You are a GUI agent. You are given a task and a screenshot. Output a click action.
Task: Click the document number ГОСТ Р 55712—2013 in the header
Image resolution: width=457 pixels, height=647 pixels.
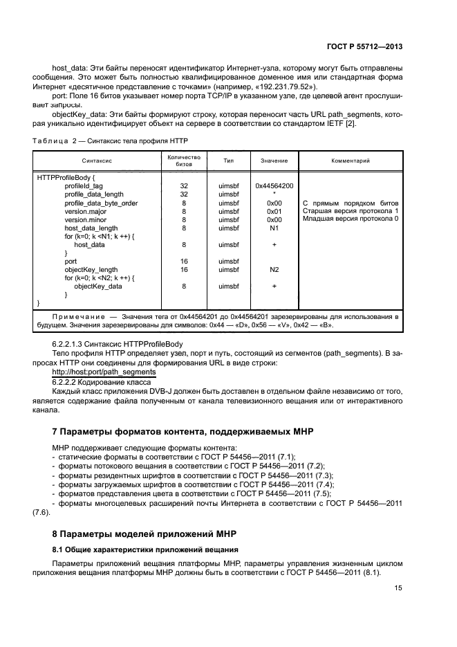click(364, 46)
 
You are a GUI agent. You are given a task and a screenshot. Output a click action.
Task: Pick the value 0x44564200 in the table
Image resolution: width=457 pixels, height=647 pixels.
click(274, 186)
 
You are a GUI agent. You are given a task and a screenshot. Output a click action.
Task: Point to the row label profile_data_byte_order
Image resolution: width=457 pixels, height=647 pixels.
click(101, 203)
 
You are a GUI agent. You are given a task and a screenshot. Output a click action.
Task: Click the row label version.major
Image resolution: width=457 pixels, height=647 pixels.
click(86, 211)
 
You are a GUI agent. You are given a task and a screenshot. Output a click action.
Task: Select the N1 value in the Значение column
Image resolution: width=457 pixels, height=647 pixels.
click(274, 228)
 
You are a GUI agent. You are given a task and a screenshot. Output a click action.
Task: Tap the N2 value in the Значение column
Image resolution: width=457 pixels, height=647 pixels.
click(274, 269)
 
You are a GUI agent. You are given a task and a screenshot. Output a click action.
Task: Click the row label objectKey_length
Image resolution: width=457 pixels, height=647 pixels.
click(91, 269)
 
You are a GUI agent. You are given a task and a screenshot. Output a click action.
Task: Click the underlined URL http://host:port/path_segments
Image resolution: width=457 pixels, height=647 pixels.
click(104, 372)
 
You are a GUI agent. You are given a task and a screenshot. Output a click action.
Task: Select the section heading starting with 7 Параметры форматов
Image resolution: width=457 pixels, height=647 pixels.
click(183, 432)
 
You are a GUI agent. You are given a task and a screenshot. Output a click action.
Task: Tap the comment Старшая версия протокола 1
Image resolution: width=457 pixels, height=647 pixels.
click(351, 211)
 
